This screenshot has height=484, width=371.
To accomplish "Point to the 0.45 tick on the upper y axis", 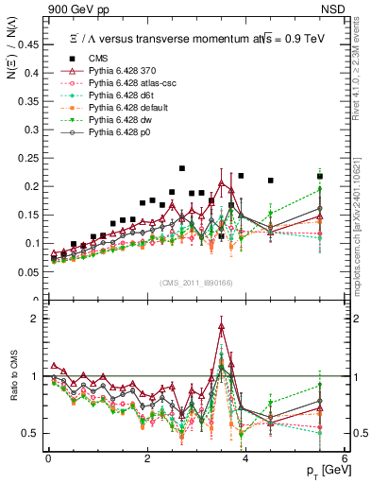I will pos(49,43).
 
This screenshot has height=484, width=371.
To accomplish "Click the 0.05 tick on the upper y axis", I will pos(49,272).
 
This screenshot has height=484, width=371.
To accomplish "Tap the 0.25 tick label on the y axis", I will pos(34,158).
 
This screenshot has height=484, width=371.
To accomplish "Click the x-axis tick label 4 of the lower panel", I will pos(245,458).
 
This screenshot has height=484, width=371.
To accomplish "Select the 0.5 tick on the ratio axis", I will pos(49,433).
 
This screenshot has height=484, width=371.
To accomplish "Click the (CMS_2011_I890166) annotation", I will pos(198,281).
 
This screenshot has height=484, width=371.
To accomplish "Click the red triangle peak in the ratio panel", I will pos(222,327).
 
